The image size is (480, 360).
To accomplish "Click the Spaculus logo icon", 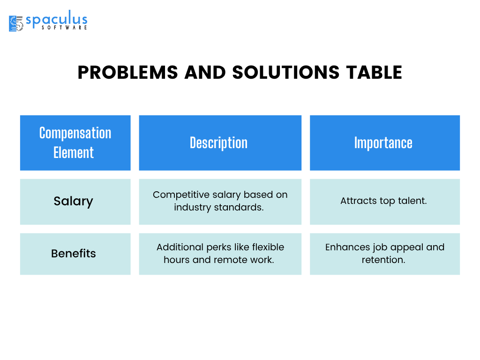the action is pyautogui.click(x=16, y=23).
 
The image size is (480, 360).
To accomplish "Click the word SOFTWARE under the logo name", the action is pyautogui.click(x=64, y=28).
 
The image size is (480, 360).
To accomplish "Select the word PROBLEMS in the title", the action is pyautogui.click(x=127, y=73).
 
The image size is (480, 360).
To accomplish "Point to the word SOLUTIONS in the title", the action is pyautogui.click(x=286, y=73).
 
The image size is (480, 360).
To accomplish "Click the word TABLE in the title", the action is pyautogui.click(x=374, y=73).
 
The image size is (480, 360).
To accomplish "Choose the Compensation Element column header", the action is pyautogui.click(x=75, y=142).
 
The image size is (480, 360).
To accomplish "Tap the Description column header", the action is pyautogui.click(x=220, y=142).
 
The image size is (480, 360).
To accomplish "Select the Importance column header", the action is pyautogui.click(x=385, y=142).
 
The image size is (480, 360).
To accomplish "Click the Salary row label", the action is pyautogui.click(x=74, y=201).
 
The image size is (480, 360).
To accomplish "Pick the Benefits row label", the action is pyautogui.click(x=74, y=254).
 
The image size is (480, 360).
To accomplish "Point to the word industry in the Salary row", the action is pyautogui.click(x=193, y=207).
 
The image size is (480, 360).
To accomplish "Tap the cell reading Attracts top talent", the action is pyautogui.click(x=383, y=201).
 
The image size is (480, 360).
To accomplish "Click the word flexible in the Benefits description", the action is pyautogui.click(x=268, y=247).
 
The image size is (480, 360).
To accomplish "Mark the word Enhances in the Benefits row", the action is pyautogui.click(x=348, y=247).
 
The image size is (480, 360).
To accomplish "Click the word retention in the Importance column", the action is pyautogui.click(x=383, y=260).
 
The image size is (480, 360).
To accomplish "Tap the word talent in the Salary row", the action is pyautogui.click(x=412, y=201).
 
